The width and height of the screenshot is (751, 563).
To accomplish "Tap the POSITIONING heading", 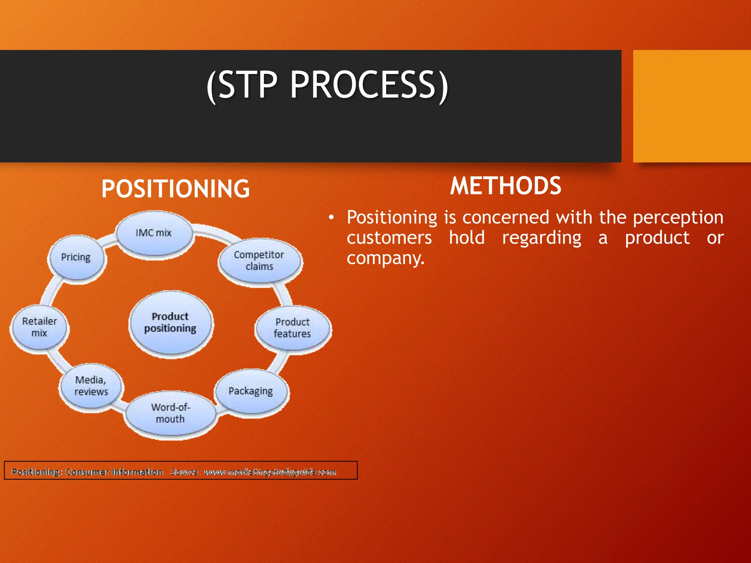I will point(175,189).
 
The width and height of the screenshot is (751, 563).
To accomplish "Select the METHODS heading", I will point(505,186).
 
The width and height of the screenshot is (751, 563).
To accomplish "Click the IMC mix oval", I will point(154,233).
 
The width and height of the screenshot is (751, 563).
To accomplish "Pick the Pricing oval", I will point(76,258).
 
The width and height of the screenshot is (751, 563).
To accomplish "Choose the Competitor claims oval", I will point(260,261).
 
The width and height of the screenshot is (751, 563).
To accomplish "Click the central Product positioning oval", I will point(171,323).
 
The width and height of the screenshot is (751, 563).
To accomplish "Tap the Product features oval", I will point(293,328).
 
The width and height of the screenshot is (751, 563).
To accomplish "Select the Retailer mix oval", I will point(39,327).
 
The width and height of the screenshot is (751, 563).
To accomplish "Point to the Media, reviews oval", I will point(91,386).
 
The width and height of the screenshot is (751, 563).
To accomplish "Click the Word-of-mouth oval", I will point(170,413).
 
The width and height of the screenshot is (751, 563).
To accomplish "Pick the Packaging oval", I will point(251,391).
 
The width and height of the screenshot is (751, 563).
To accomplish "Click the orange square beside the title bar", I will point(692,106).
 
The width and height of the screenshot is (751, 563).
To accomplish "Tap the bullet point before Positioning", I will point(331,218).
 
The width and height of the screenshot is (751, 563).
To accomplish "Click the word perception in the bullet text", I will point(678,218).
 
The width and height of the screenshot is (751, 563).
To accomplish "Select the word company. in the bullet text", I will point(385,258).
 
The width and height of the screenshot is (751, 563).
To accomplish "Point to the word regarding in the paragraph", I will point(541,238).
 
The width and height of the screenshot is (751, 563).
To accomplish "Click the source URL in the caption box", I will point(270,472).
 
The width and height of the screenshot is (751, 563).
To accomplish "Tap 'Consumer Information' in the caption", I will point(114,472).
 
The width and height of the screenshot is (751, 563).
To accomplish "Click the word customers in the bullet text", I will point(389,238).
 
